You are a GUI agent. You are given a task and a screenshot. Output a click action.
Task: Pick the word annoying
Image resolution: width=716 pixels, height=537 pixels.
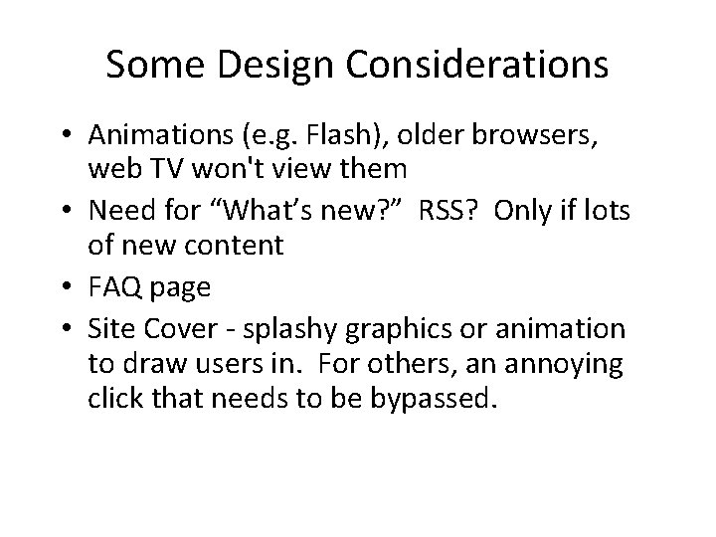pyautogui.click(x=565, y=363)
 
